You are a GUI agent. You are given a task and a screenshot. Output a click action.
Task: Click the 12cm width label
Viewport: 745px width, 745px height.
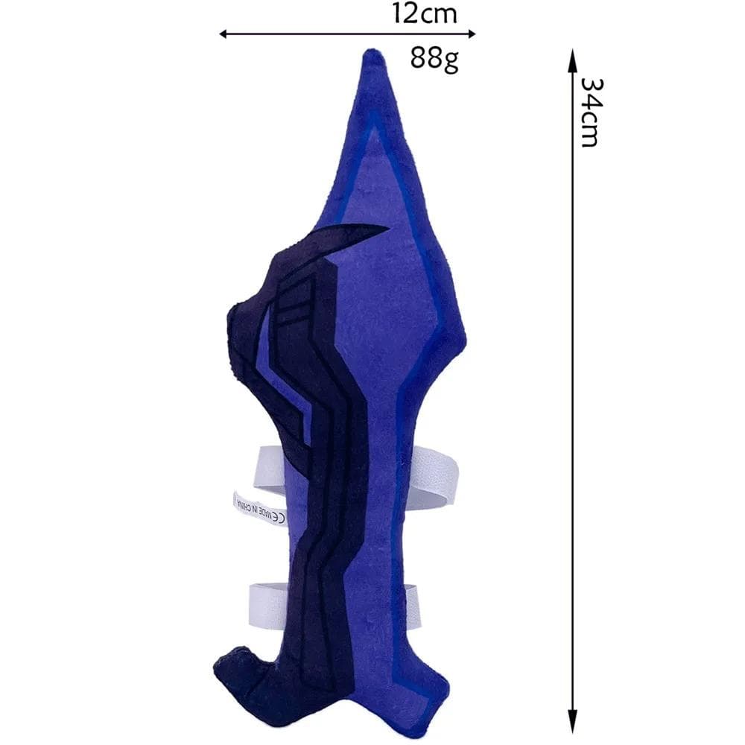(x=425, y=13)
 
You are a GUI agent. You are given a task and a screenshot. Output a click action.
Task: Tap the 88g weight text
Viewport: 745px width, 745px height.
(x=434, y=58)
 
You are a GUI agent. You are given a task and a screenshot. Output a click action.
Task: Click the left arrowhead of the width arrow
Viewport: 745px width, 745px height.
(x=224, y=34)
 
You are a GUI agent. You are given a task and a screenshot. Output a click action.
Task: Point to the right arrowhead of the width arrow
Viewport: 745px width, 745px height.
(x=470, y=34)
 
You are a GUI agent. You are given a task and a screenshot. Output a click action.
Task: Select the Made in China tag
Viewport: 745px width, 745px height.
(x=260, y=509)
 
